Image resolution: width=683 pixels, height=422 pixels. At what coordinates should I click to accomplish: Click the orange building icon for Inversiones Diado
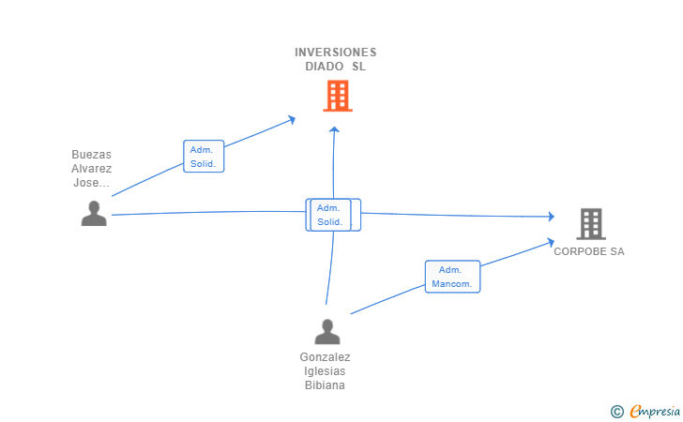pos(338,96)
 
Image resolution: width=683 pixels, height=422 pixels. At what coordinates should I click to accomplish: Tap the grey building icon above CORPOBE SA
pos(591,224)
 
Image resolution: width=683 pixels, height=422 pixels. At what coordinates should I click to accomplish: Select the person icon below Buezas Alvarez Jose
pos(94,214)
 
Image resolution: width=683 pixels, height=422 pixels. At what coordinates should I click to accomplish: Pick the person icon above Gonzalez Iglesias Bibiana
pos(327,332)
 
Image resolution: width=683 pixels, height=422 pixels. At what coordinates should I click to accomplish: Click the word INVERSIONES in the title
pos(336,53)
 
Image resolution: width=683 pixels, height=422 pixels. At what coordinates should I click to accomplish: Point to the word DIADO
pos(324,67)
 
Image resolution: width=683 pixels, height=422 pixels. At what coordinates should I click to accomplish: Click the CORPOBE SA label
pos(589,251)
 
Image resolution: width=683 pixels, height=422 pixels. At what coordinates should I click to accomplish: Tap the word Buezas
pos(92,155)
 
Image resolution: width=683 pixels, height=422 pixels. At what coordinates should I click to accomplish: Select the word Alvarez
pos(92,169)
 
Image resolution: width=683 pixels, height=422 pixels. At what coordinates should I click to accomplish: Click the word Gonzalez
pos(325,357)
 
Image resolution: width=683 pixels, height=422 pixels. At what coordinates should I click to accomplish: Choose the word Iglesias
pos(325,371)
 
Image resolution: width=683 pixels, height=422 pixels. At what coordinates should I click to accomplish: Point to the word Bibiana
pos(325,385)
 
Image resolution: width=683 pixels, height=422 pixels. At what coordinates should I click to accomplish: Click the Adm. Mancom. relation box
pos(452,277)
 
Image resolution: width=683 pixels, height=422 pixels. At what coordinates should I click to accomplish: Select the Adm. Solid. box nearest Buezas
pos(204,157)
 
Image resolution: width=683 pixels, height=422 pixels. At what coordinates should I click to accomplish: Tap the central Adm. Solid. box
pos(330,215)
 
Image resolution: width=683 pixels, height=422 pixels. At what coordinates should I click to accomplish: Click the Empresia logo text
pos(655,411)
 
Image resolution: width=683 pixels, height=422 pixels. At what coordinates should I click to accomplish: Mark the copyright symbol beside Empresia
pos(616,412)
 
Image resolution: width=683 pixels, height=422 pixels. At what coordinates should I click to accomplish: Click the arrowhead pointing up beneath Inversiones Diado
pos(334,129)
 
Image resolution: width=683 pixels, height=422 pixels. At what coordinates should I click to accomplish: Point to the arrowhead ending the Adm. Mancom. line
pos(551,242)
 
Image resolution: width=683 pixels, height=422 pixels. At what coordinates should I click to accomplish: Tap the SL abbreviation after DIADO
pos(359,67)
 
